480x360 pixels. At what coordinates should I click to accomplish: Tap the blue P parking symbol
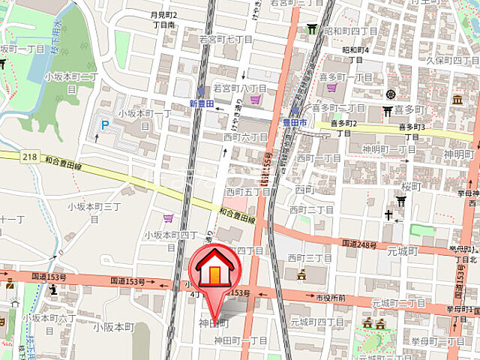[x=105, y=124]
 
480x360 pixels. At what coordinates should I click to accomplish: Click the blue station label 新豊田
[x=202, y=103]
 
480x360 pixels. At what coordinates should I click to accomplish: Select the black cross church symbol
[x=388, y=215]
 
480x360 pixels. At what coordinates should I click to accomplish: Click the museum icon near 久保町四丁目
[x=457, y=99]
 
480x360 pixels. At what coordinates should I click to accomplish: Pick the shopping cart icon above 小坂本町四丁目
[x=168, y=218]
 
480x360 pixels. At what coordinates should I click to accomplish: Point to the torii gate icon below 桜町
[x=401, y=201]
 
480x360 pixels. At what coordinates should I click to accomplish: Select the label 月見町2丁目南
[x=163, y=19]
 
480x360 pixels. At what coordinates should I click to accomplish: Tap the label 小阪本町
[x=112, y=327]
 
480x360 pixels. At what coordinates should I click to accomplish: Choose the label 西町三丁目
[x=310, y=258]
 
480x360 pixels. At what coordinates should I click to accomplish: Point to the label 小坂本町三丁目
[x=94, y=212]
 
